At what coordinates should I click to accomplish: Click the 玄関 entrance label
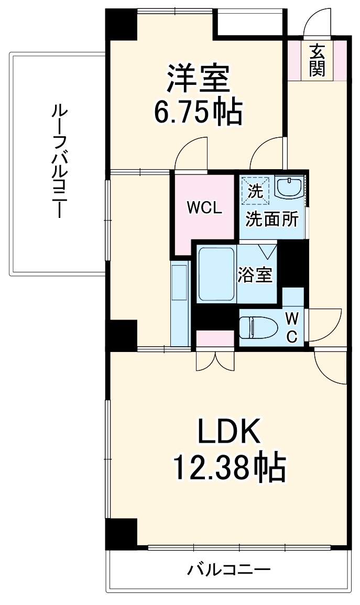pos(317,60)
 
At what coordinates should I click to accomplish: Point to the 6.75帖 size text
pos(198,111)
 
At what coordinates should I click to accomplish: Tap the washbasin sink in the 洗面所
pos(288,187)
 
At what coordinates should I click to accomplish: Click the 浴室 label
pos(256,275)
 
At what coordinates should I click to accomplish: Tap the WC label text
pos(293,327)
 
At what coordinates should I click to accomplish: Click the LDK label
pos(228,433)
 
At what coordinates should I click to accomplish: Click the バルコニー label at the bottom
pos(229,569)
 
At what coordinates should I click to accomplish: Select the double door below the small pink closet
pos(215,360)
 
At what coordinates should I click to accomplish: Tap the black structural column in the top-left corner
pos(121,26)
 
